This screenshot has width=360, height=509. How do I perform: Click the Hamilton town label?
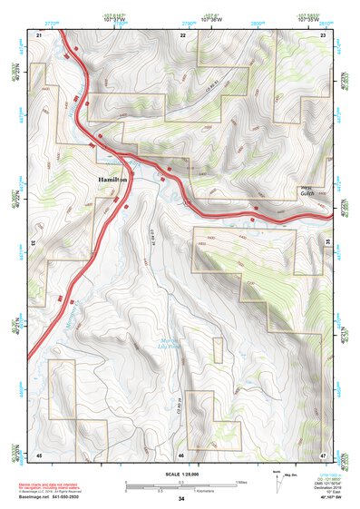(x=112, y=181)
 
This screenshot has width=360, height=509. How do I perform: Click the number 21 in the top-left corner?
(x=39, y=34)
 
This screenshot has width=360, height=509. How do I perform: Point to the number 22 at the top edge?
(x=183, y=34)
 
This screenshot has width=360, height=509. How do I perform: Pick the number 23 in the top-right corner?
(x=324, y=34)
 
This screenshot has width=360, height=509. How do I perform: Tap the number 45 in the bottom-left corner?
(x=39, y=454)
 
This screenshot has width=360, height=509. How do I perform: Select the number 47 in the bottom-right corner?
(x=324, y=454)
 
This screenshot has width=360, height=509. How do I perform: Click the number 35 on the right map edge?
(x=327, y=242)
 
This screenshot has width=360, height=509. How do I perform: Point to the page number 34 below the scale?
(x=181, y=499)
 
